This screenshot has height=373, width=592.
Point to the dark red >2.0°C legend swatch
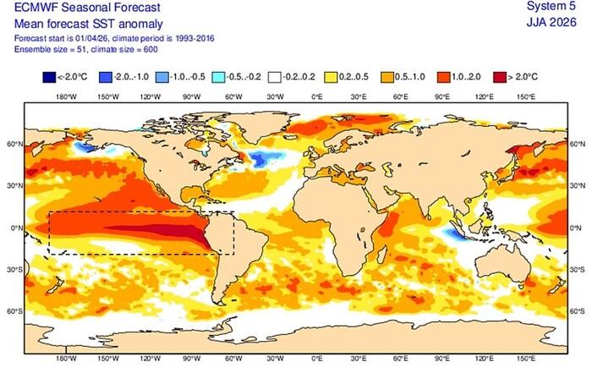pos(499,79)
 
